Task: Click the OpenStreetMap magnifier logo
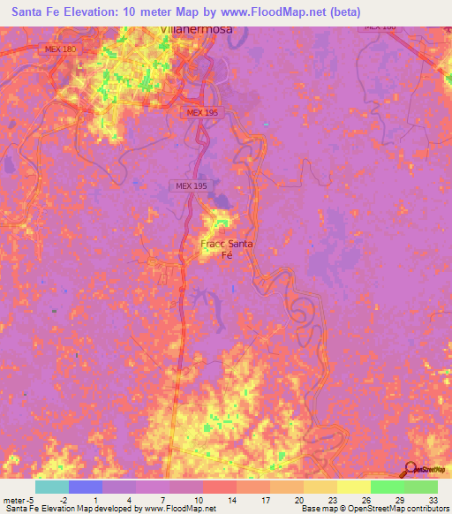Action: pos(411,468)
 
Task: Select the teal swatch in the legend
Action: pos(51,487)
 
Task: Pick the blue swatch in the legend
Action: pos(86,487)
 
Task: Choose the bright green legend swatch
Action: pos(387,487)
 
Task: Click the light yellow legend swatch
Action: pos(353,487)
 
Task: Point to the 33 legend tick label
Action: pos(435,499)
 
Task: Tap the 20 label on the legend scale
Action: pos(300,499)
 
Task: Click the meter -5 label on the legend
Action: pos(19,499)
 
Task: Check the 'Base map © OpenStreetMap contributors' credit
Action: pos(374,509)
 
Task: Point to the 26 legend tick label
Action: pos(367,499)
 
